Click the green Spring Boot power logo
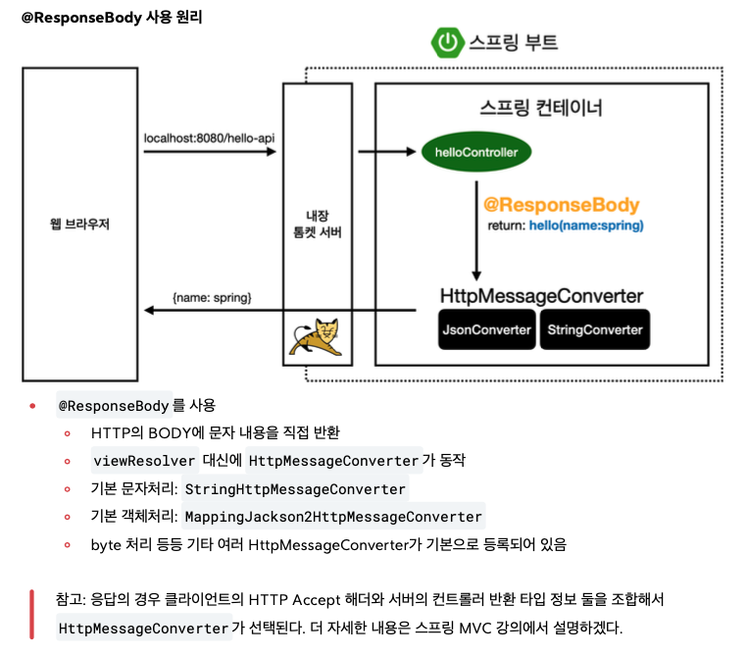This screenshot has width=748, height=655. pyautogui.click(x=447, y=42)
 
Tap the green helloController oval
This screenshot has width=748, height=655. pyautogui.click(x=476, y=152)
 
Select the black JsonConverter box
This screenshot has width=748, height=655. pyautogui.click(x=486, y=329)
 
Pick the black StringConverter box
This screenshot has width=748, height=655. pyautogui.click(x=595, y=329)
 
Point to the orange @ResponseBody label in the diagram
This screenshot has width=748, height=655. pyautogui.click(x=561, y=206)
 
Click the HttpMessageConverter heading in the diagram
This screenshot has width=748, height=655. pyautogui.click(x=541, y=295)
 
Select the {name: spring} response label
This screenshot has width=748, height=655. pyautogui.click(x=212, y=294)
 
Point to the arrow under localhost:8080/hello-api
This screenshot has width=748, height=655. pyautogui.click(x=209, y=153)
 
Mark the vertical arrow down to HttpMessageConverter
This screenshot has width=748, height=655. pyautogui.click(x=476, y=230)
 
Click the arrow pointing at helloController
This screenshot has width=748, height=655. pyautogui.click(x=387, y=152)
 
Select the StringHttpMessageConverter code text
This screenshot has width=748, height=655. pyautogui.click(x=295, y=488)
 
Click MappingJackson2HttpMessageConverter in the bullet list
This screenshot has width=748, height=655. pyautogui.click(x=333, y=516)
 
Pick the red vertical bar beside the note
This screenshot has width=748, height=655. pyautogui.click(x=32, y=614)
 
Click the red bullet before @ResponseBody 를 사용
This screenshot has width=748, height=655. pyautogui.click(x=32, y=405)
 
